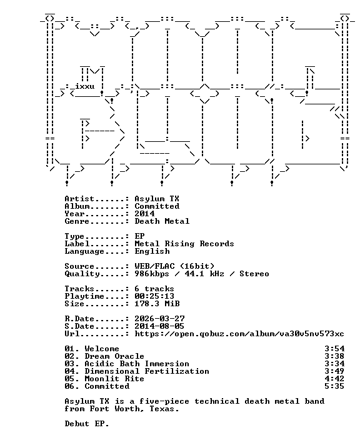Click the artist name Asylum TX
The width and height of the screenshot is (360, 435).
[157, 199]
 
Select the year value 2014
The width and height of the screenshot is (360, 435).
[144, 214]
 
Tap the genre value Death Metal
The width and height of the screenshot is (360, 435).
[162, 221]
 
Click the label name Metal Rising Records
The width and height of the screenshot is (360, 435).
[184, 244]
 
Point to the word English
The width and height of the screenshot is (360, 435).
[152, 251]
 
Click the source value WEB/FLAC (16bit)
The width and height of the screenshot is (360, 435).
[174, 266]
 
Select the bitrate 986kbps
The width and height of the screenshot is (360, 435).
[152, 274]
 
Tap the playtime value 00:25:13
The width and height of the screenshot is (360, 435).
[154, 296]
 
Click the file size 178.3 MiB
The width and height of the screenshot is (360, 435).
[157, 304]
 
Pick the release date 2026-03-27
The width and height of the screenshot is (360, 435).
[159, 319]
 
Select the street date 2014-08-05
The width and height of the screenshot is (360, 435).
[159, 326]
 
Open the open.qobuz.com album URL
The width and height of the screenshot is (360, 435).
[239, 334]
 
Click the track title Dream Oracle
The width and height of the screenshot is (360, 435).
[114, 356]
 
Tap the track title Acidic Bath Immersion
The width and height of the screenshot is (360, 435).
[137, 364]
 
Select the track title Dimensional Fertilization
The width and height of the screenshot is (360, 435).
[147, 371]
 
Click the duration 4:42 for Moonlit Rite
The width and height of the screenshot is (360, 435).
[334, 379]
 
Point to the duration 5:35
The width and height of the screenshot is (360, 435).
[334, 386]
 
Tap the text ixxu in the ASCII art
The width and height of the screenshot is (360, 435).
[85, 86]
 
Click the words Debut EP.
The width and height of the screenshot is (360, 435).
[87, 424]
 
